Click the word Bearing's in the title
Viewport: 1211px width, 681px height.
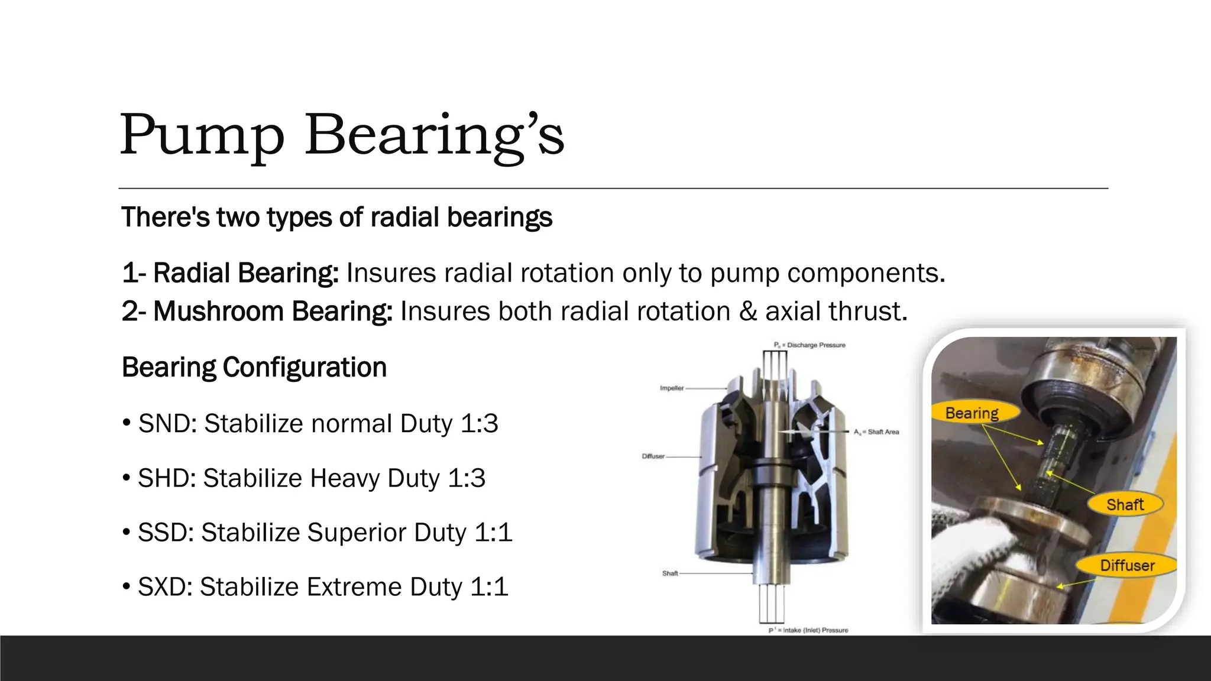coord(435,136)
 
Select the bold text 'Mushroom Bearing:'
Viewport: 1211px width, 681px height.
coord(273,311)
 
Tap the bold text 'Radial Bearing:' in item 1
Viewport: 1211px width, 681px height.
coord(246,273)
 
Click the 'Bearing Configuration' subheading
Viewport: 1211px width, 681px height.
coord(254,367)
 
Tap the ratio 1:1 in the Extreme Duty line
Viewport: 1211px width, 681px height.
coord(489,587)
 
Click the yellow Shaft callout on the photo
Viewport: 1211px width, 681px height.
coord(1125,504)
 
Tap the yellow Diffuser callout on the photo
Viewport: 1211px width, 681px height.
coord(1126,565)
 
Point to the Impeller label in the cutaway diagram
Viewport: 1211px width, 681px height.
coord(672,388)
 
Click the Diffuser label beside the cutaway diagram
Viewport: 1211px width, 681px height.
coord(653,456)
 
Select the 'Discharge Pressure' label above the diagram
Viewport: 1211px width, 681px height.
coord(815,345)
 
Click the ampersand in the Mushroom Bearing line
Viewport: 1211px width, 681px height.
coord(748,311)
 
